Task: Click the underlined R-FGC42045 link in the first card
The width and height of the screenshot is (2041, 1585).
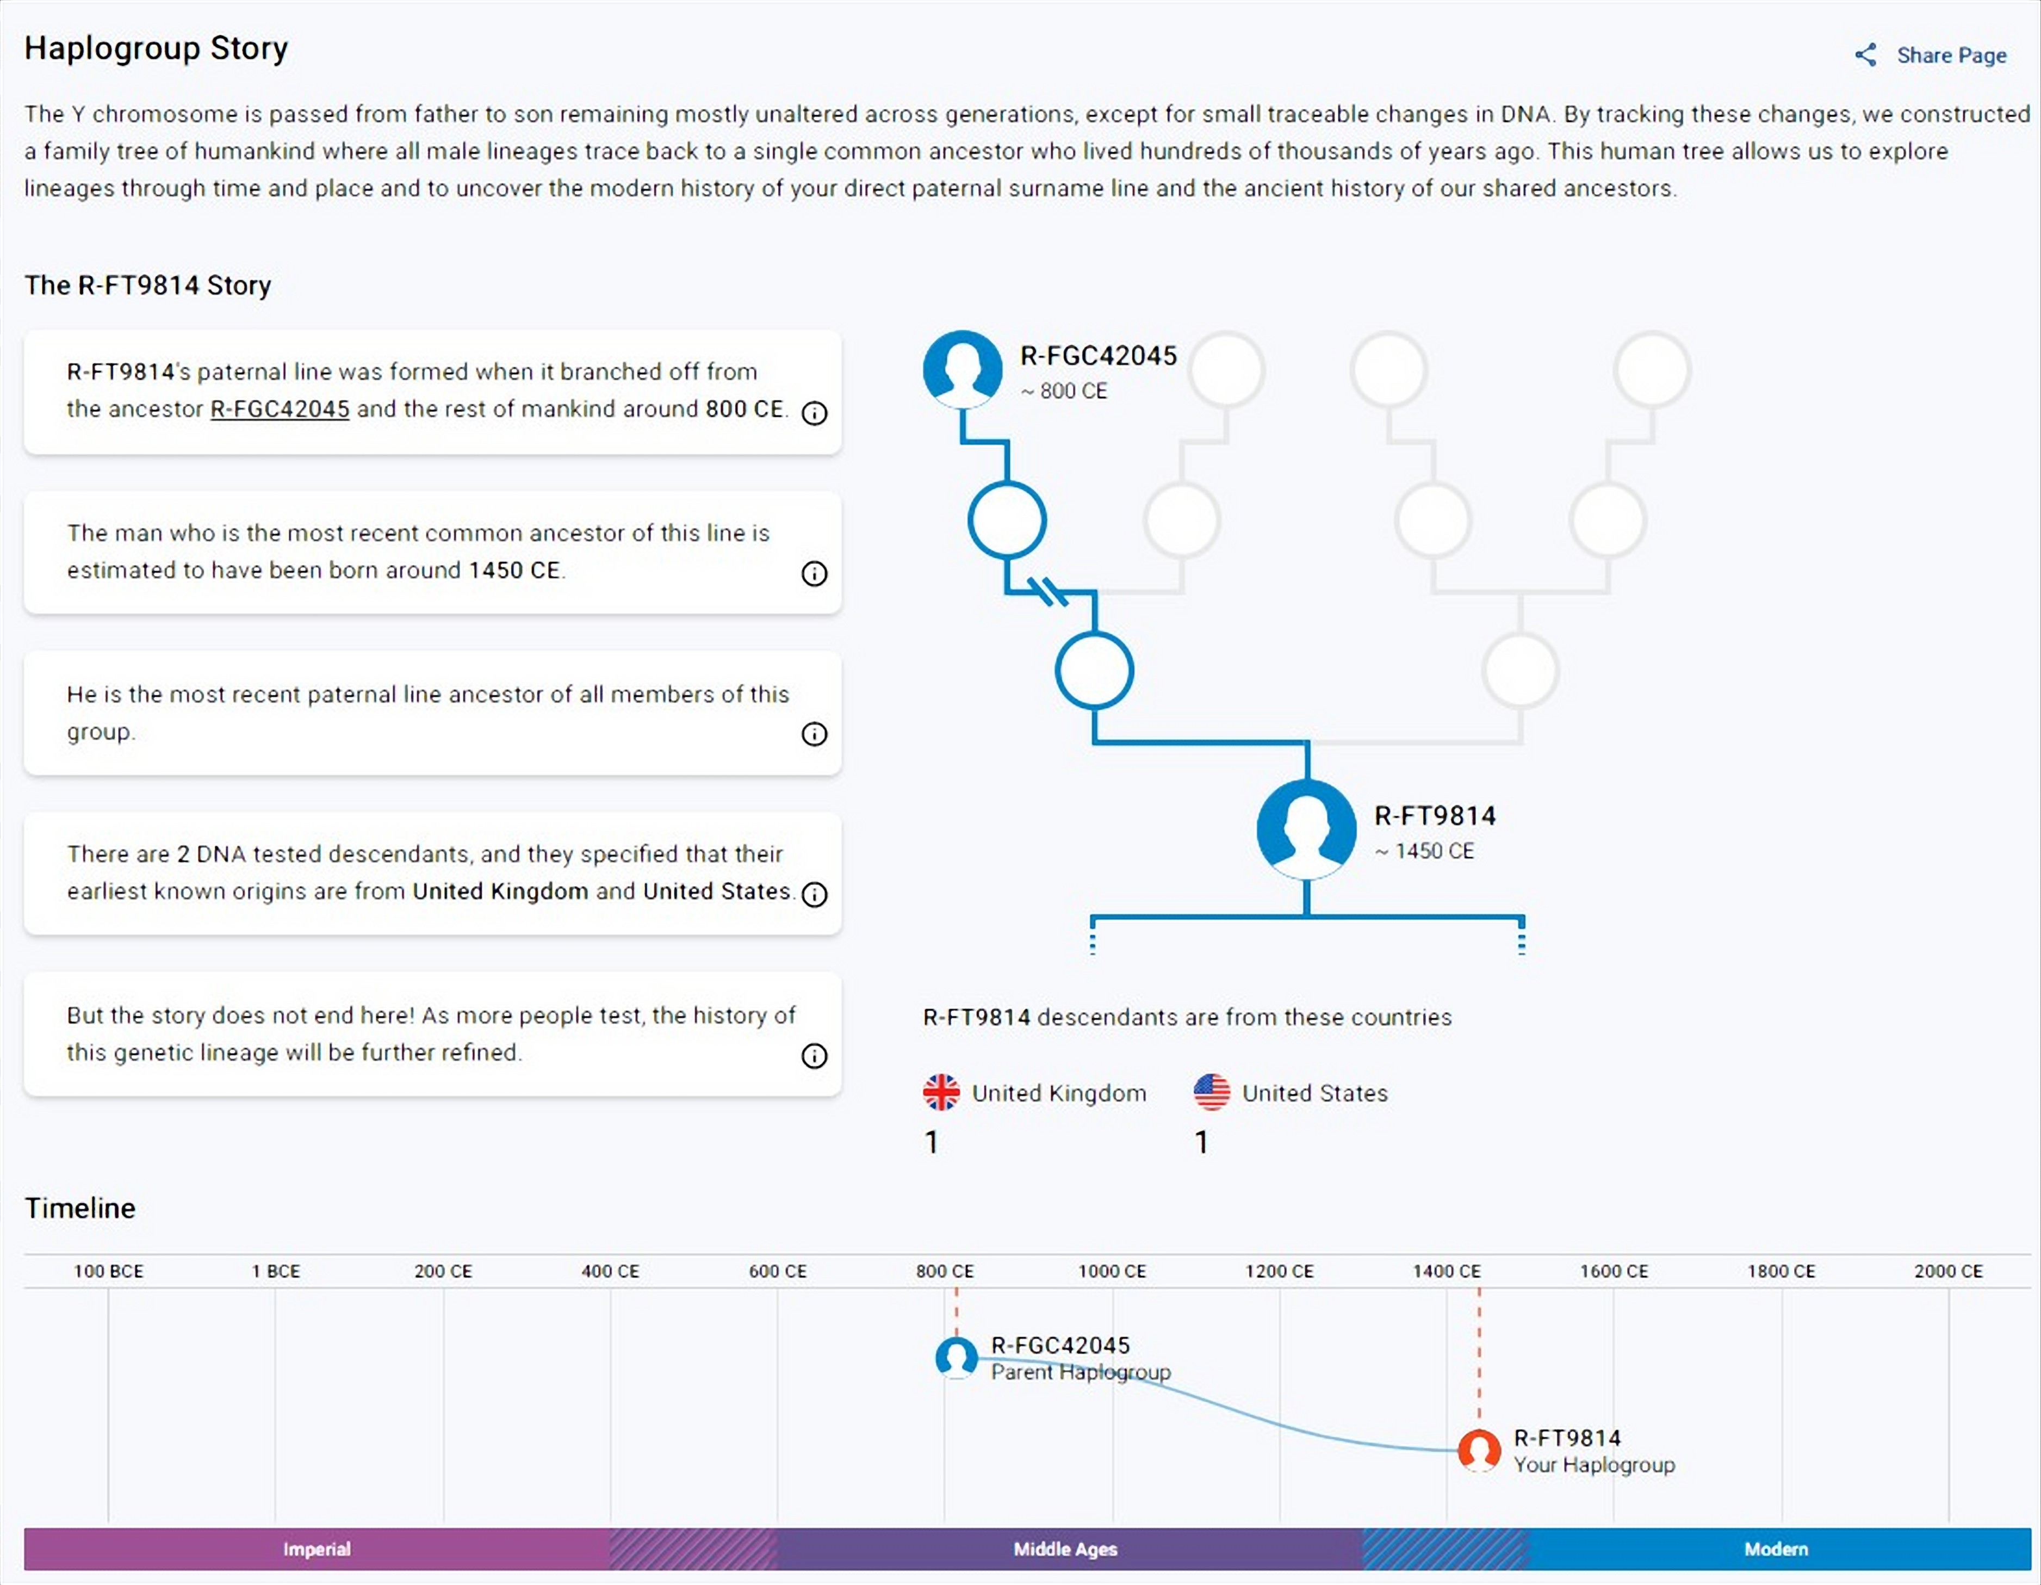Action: pyautogui.click(x=280, y=410)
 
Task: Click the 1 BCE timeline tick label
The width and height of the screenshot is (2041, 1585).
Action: pyautogui.click(x=276, y=1271)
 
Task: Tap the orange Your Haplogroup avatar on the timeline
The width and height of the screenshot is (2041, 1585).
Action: pyautogui.click(x=1479, y=1451)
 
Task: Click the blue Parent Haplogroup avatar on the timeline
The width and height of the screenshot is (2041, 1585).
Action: pyautogui.click(x=956, y=1358)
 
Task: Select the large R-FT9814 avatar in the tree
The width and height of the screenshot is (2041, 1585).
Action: pyautogui.click(x=1306, y=828)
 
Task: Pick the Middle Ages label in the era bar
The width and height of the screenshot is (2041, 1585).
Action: pyautogui.click(x=1065, y=1549)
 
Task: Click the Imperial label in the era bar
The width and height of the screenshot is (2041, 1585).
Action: pyautogui.click(x=317, y=1549)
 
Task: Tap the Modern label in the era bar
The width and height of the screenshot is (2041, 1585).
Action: pyautogui.click(x=1776, y=1549)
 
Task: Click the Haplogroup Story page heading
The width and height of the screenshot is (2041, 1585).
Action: pyautogui.click(x=156, y=48)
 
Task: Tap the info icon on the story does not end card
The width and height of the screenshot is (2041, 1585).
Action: pyautogui.click(x=814, y=1056)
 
